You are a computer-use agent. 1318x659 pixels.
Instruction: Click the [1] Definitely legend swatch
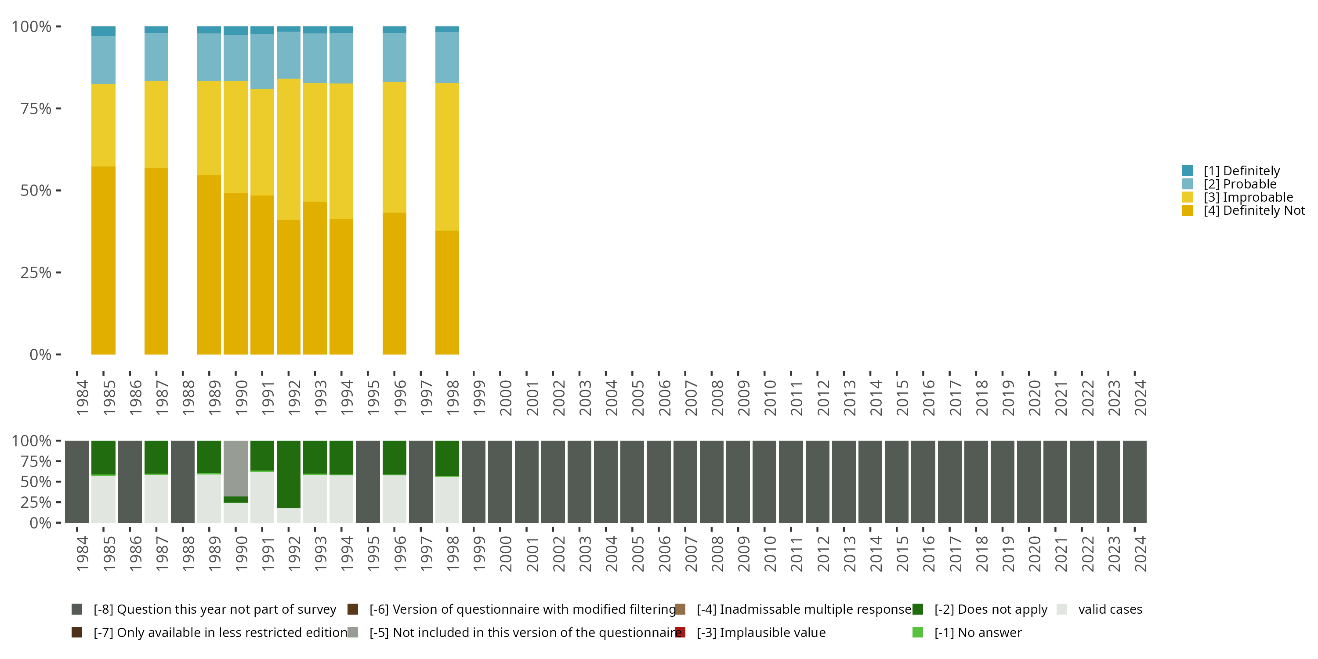pos(1187,171)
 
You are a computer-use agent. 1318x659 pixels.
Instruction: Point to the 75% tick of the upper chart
pos(36,109)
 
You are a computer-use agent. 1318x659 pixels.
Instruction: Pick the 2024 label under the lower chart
pos(1141,554)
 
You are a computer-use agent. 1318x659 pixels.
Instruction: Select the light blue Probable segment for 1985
pos(103,60)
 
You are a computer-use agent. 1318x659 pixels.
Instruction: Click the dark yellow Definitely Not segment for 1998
pos(447,292)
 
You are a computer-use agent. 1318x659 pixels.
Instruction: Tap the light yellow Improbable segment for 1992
pos(289,149)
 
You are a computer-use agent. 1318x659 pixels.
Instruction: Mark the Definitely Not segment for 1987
pos(156,261)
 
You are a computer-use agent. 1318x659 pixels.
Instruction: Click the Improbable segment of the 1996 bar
pos(395,147)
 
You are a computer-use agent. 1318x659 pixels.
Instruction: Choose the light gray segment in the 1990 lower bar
pos(235,468)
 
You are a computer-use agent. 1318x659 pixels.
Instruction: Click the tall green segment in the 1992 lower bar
pos(289,474)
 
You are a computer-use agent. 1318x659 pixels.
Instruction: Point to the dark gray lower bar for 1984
pos(77,482)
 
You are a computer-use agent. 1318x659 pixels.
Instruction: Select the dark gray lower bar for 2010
pos(764,482)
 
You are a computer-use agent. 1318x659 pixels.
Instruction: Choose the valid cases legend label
pos(1110,609)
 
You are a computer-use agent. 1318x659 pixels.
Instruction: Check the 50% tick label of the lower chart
pos(36,482)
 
